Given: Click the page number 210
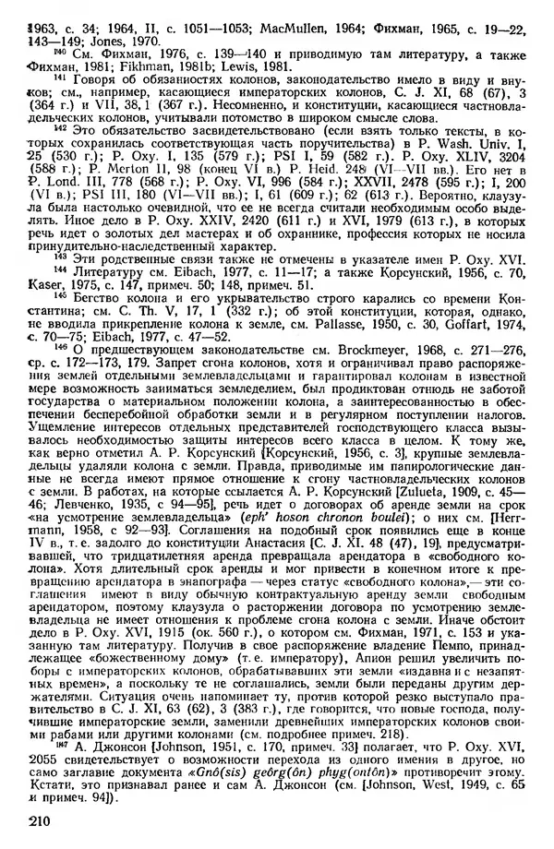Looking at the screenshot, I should click(41, 820).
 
